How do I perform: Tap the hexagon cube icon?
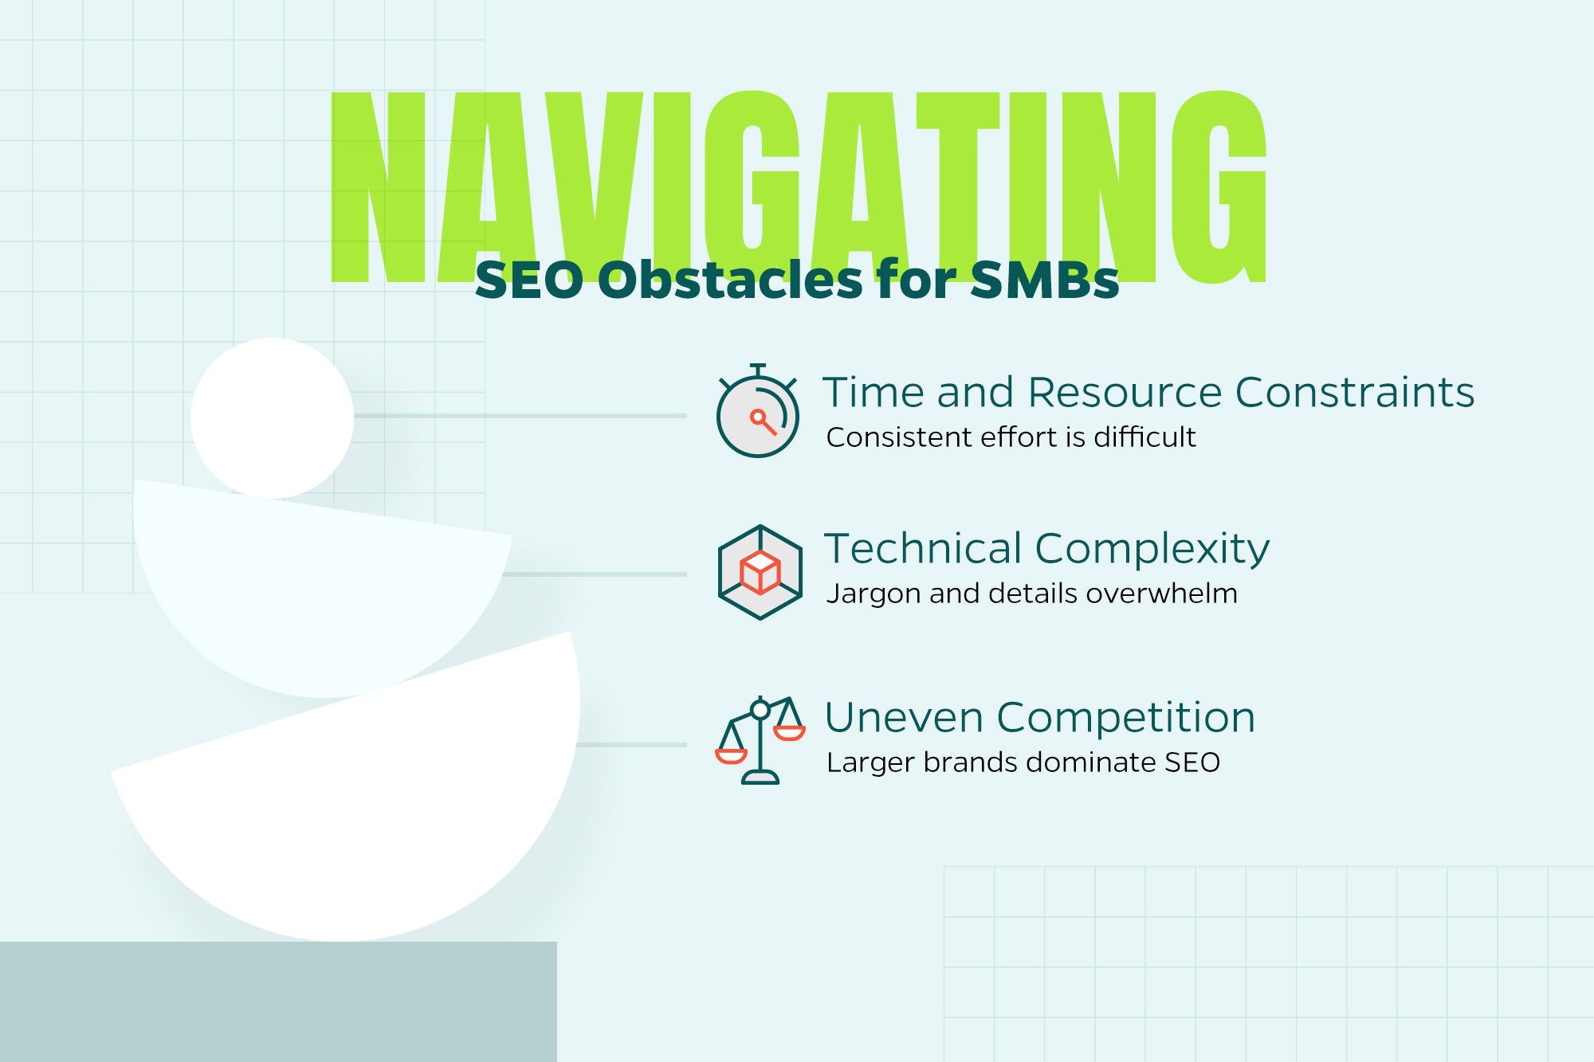[760, 572]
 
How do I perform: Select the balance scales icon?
[760, 740]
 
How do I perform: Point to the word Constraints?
[1354, 392]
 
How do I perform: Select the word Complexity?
[1152, 551]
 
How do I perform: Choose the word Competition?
[1125, 719]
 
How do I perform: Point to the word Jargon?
[874, 595]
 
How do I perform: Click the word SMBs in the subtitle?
[1045, 280]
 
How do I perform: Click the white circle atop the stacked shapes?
[272, 418]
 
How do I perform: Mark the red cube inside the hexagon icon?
[760, 572]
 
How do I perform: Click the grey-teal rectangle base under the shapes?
[278, 1001]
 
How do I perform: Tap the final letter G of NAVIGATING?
[1219, 187]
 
